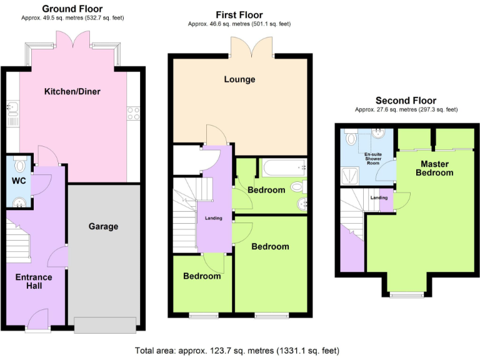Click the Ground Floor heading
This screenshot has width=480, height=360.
(72, 9)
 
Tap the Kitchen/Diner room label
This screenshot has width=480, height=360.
(72, 92)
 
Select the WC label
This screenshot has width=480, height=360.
(18, 182)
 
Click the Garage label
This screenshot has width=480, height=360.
(103, 226)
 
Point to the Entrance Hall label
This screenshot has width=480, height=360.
(34, 282)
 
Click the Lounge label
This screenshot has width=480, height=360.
(240, 79)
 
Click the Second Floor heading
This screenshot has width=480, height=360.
(406, 101)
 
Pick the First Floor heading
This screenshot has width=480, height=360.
(239, 15)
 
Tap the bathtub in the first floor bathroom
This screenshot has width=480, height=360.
(281, 167)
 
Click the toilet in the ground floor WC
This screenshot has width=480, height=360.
(20, 166)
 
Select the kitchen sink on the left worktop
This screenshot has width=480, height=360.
(13, 113)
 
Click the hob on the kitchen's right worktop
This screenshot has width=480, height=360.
(133, 113)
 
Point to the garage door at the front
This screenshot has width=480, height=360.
(104, 324)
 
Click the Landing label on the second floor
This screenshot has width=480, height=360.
(379, 197)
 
